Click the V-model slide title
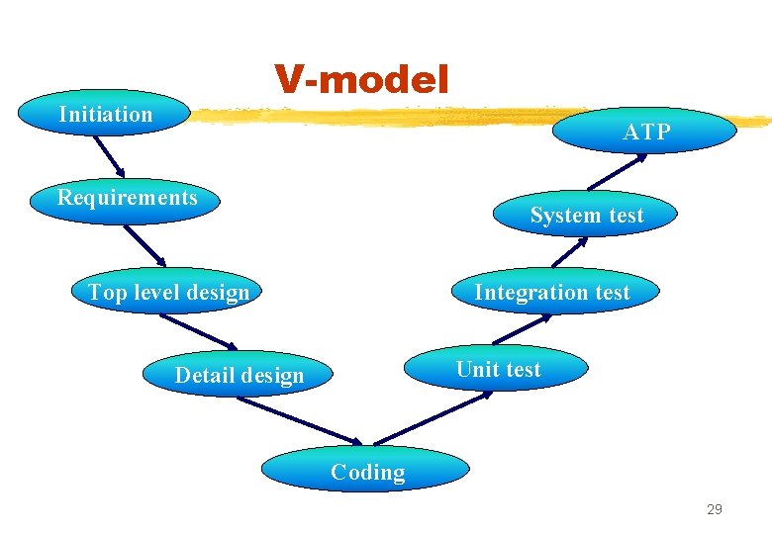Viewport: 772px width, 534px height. pos(361,78)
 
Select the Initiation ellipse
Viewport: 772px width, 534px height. pos(106,115)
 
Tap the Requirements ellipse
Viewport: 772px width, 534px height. pos(127,198)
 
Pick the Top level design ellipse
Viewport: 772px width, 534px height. pos(168,292)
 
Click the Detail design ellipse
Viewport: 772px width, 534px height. pos(240,375)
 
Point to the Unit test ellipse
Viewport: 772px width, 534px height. pos(498,369)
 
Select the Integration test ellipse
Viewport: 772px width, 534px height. pos(551,292)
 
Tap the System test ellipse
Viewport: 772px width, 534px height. pos(586,216)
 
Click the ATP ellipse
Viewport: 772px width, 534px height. pos(645,132)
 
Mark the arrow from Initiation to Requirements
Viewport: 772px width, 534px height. pos(109,154)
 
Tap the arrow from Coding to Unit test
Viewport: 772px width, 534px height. pos(433,416)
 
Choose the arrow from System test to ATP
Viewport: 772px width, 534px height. pos(614,172)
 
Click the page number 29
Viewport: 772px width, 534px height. pos(714,509)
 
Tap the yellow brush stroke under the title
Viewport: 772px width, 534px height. pos(475,117)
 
